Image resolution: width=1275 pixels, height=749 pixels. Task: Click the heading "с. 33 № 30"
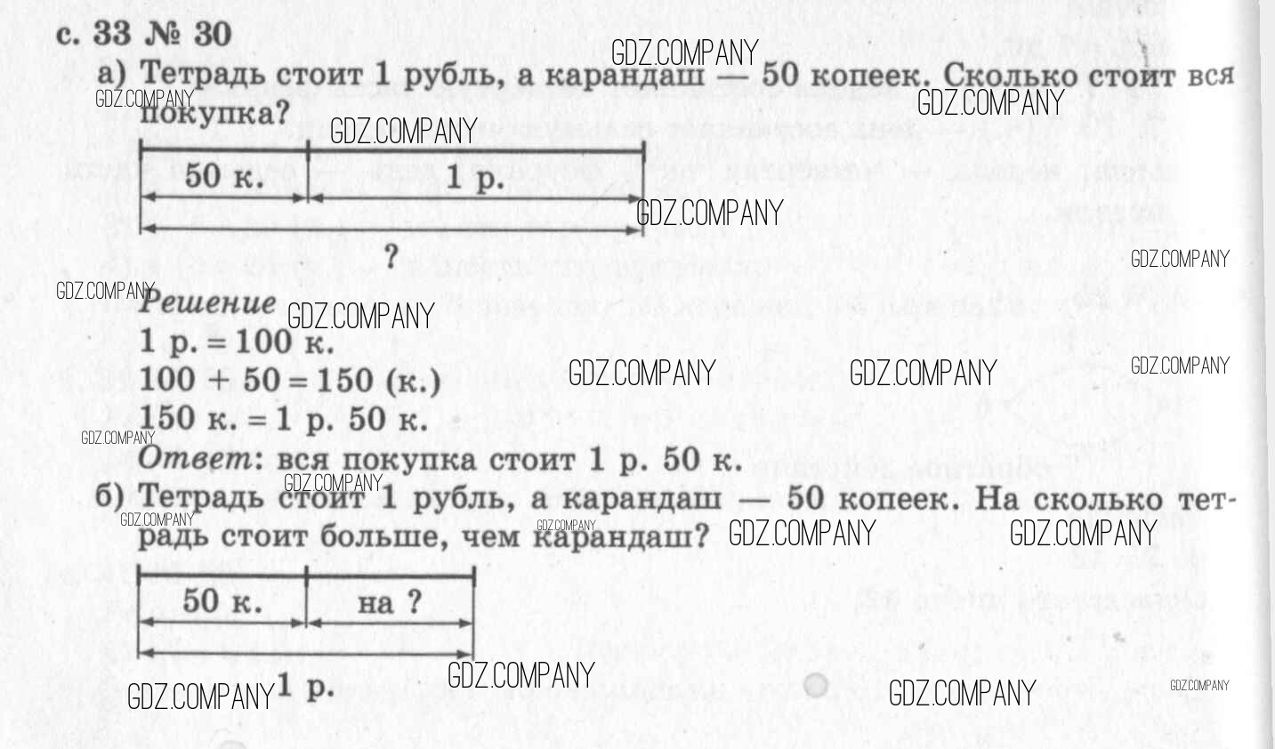143,34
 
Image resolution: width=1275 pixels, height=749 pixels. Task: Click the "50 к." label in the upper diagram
224,176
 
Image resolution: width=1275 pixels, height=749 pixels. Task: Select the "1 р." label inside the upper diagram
474,179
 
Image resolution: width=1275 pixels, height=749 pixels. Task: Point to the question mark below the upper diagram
391,256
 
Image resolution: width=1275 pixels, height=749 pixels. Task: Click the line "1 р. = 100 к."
237,342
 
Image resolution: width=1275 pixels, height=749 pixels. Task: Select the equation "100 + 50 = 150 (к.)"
290,381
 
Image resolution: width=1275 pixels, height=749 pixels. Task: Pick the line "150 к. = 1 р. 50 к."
284,419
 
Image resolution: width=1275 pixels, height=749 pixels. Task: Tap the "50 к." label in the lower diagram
222,601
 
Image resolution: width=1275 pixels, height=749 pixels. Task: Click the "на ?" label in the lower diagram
389,603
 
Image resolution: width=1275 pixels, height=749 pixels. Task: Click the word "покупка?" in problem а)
215,114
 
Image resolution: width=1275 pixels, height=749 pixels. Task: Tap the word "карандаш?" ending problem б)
622,536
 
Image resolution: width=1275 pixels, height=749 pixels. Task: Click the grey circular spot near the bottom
814,686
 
